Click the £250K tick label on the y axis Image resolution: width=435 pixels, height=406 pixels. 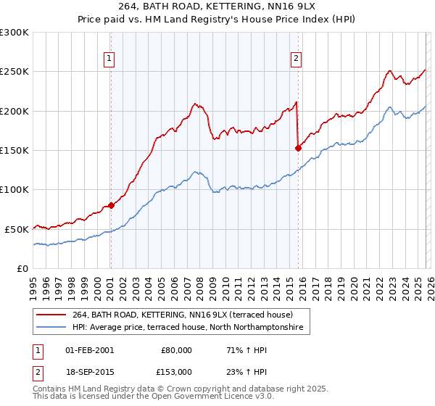[x=14, y=72]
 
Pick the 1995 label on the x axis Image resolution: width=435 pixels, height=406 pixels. [x=33, y=283]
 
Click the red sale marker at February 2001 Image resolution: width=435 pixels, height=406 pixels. [x=111, y=205]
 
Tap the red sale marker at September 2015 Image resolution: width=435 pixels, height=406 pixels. [x=298, y=148]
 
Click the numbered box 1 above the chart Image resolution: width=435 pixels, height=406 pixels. [x=109, y=59]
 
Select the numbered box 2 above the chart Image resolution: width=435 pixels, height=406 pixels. [x=297, y=59]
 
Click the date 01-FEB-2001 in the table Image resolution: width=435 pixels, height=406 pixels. [x=89, y=349]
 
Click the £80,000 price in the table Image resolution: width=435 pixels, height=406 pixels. [x=177, y=349]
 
